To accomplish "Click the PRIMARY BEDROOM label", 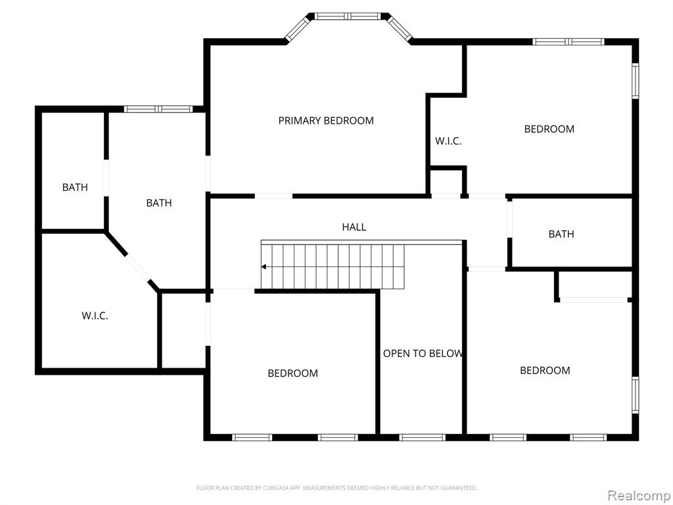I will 326,120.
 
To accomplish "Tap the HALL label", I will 354,227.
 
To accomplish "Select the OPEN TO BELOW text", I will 423,353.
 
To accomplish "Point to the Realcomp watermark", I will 638,494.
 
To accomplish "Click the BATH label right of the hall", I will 561,234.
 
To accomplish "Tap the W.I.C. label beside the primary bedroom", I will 448,141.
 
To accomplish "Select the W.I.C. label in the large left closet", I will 95,316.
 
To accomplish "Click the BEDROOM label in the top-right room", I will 549,129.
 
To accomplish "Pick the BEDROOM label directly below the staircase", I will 292,373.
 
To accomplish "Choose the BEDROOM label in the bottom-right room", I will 545,370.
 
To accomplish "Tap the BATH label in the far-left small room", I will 75,187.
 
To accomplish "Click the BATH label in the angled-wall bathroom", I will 158,203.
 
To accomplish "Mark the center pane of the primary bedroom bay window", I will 348,16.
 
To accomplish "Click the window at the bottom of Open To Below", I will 422,437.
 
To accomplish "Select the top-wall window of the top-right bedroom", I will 569,41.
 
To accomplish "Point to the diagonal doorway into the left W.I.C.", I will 137,268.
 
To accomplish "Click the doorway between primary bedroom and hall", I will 273,195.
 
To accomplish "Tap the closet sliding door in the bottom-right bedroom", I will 594,300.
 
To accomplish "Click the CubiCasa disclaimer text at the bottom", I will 336,488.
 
